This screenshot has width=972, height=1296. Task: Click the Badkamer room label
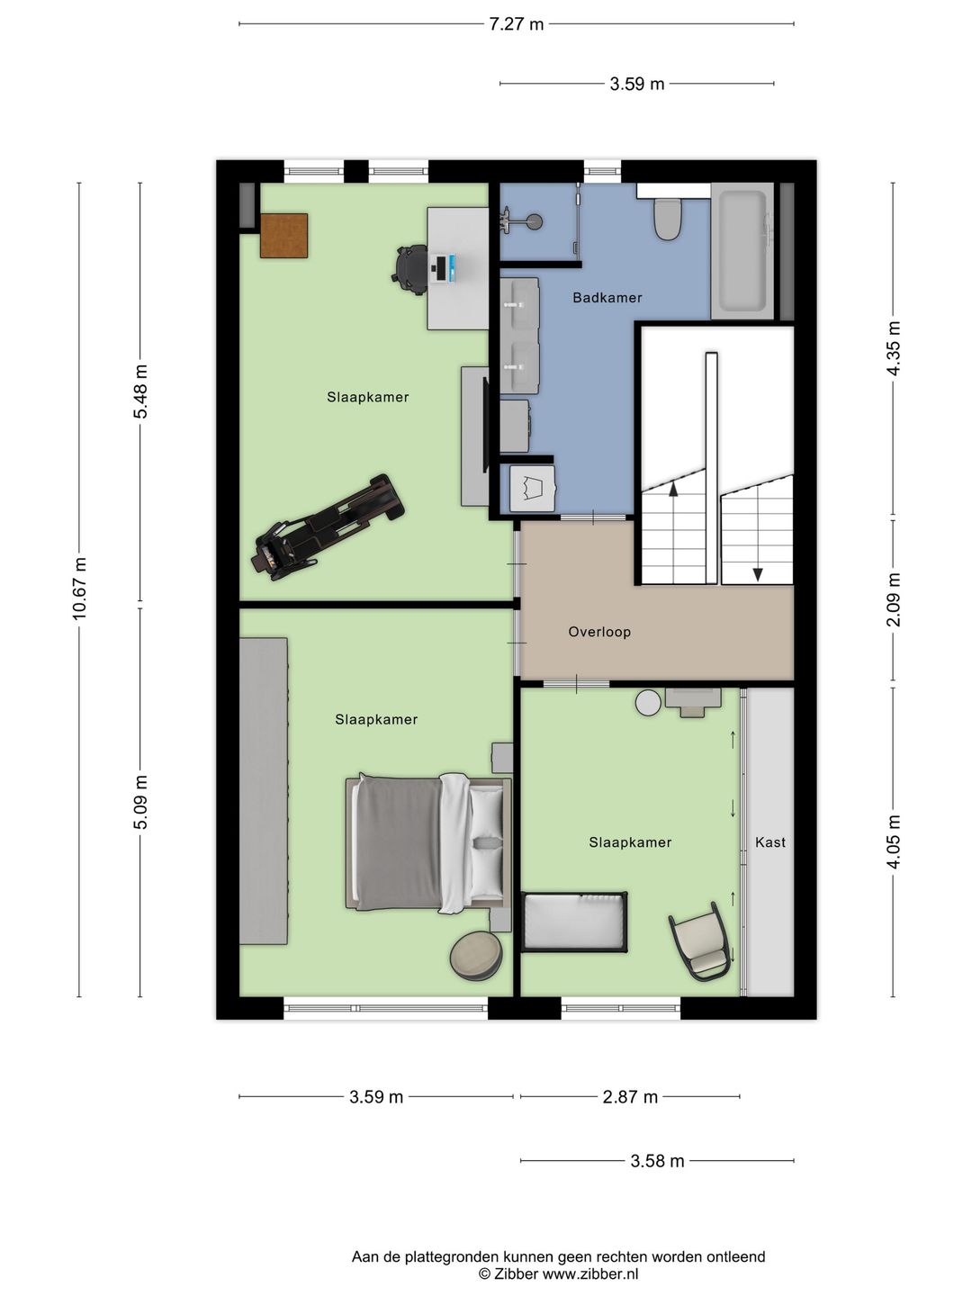(607, 298)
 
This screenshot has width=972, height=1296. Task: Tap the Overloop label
(599, 632)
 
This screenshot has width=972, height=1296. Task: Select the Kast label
(770, 842)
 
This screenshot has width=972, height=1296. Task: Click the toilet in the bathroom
(668, 219)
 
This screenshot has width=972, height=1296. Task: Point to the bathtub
(742, 251)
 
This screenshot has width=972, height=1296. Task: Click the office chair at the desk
(410, 269)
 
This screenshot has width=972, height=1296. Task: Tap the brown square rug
(283, 236)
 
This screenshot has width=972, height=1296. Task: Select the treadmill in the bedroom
(328, 526)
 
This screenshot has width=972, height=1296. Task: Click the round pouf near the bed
(476, 957)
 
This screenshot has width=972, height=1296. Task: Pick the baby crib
(574, 922)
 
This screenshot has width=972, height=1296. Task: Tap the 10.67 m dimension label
(80, 589)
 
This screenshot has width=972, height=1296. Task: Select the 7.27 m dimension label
(517, 25)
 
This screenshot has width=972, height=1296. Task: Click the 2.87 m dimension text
(630, 1097)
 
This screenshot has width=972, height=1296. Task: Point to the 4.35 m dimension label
(894, 348)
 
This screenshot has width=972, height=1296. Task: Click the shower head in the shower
(534, 222)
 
